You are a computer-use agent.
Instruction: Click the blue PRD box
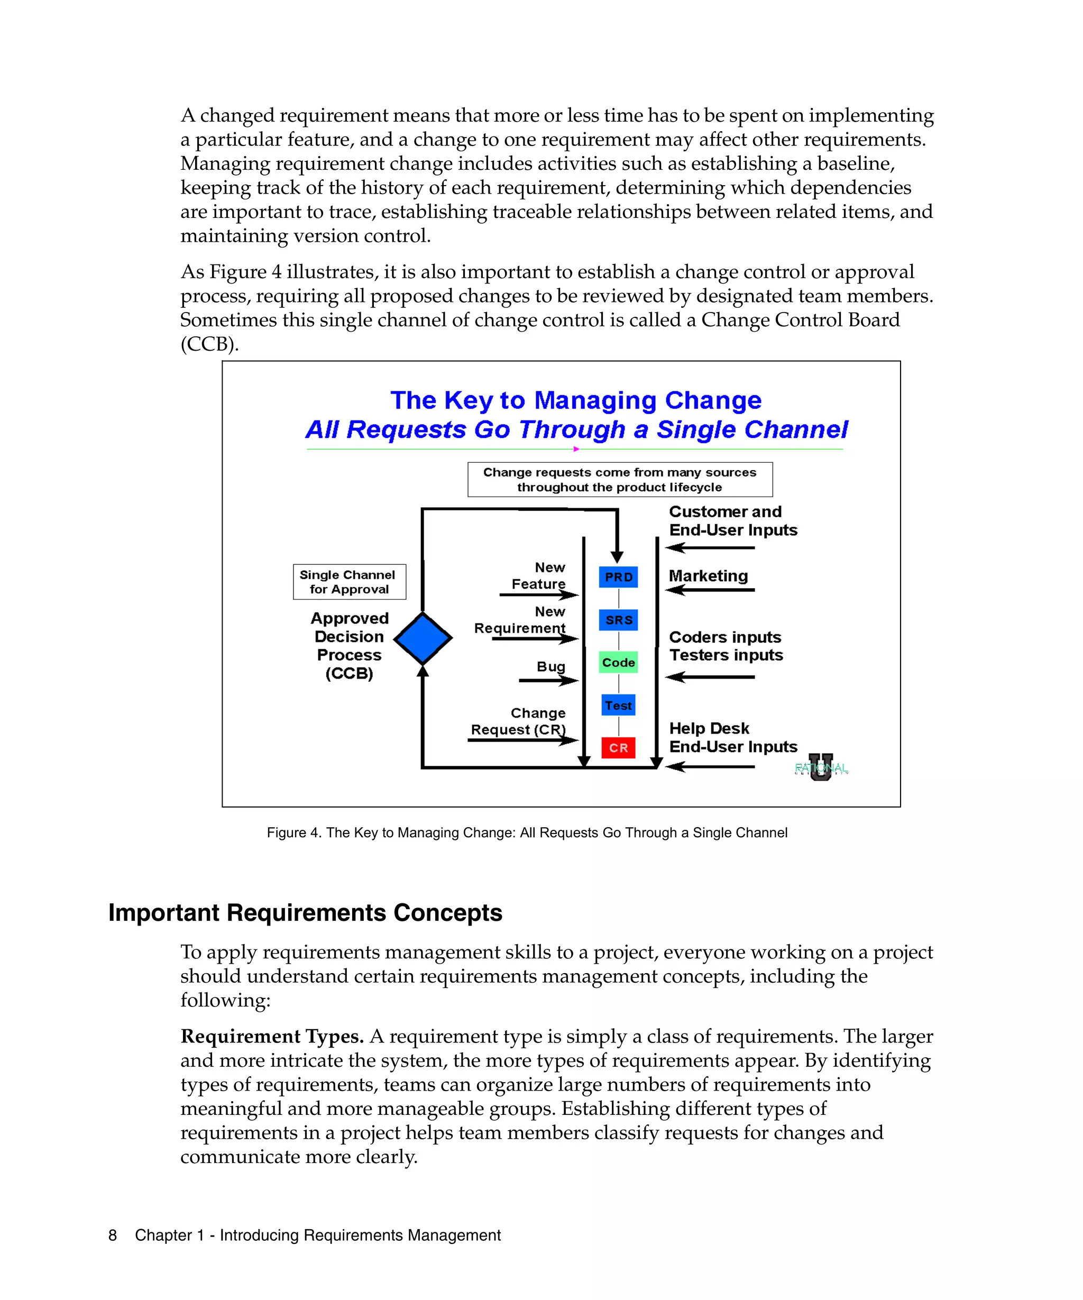(618, 577)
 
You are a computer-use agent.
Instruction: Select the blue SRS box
(618, 620)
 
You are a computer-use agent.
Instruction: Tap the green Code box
(618, 662)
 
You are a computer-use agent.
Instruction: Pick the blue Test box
(618, 705)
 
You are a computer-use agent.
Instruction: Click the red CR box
(618, 748)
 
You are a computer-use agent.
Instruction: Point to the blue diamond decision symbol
(423, 638)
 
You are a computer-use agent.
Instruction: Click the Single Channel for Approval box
(349, 582)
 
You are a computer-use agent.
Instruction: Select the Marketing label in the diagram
(708, 576)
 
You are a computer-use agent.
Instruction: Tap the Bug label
(551, 667)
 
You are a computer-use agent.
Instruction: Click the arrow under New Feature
(538, 595)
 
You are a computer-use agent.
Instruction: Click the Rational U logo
(821, 767)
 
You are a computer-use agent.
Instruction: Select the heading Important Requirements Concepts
(305, 913)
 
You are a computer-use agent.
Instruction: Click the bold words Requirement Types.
(272, 1036)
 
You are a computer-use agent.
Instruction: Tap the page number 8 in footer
(113, 1235)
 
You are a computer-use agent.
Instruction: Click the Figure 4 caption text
(527, 832)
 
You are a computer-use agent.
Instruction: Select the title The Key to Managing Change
(575, 400)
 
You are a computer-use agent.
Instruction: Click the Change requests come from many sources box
(619, 480)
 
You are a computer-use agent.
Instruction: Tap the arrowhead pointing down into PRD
(617, 556)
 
